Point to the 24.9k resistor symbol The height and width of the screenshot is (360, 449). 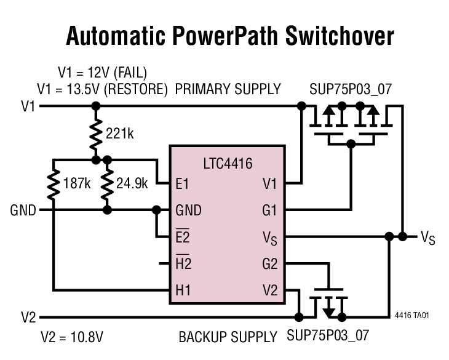click(107, 183)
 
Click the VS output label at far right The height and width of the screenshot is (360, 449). click(427, 237)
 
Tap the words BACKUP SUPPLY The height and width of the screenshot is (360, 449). click(228, 337)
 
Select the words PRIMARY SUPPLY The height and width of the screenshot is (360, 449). click(228, 89)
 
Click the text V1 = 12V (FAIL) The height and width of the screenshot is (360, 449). click(102, 71)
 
